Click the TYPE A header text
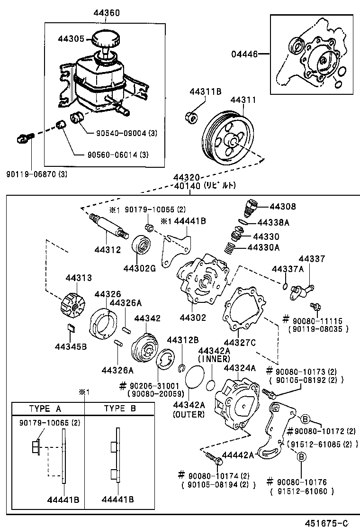coord(45,408)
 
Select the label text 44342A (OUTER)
coord(189,409)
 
